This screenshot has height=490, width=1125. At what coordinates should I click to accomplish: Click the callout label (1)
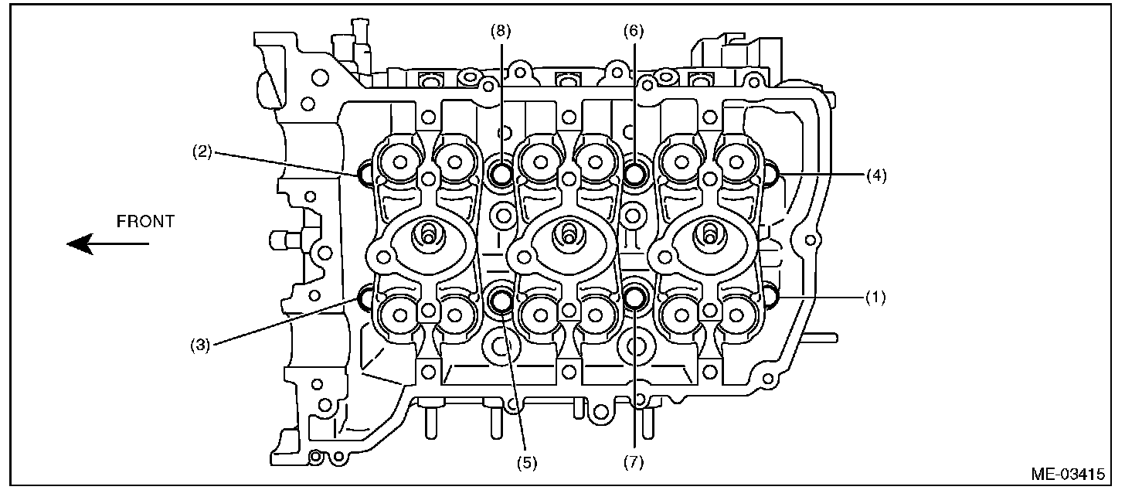click(x=875, y=296)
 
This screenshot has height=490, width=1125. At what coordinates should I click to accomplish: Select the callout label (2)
click(x=202, y=151)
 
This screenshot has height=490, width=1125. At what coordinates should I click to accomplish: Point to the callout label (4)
click(x=875, y=175)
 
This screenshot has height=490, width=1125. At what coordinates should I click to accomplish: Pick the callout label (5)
click(x=526, y=463)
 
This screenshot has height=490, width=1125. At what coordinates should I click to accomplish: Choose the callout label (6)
click(x=634, y=31)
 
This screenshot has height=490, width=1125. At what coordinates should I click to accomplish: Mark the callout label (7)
click(x=634, y=463)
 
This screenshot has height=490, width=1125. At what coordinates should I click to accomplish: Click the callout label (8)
click(x=501, y=31)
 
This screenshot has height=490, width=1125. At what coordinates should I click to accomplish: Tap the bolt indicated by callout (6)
click(x=635, y=174)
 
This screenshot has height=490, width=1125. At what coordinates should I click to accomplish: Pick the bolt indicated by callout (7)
click(x=635, y=297)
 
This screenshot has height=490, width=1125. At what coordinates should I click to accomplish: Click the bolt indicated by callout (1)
click(x=771, y=296)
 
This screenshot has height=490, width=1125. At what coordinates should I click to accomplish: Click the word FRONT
click(x=145, y=222)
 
